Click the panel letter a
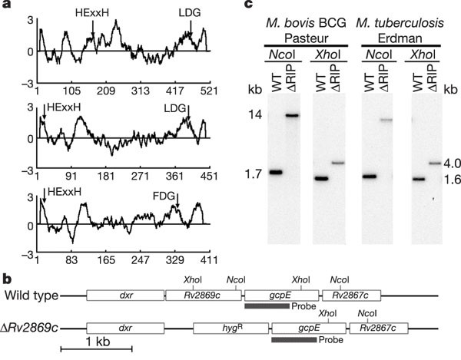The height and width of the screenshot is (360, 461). click(7, 7)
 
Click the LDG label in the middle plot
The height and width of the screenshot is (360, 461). click(175, 107)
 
